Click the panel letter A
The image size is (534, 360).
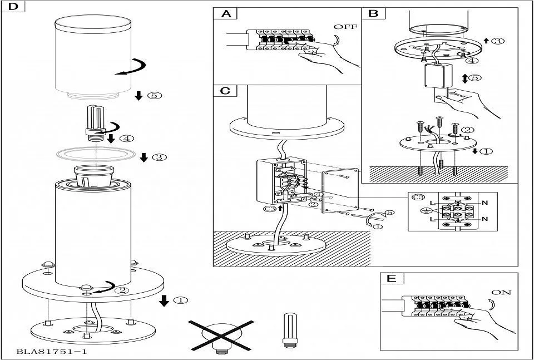(226, 13)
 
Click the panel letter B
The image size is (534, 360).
(373, 13)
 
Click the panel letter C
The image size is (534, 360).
(225, 90)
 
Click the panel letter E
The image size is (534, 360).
(392, 278)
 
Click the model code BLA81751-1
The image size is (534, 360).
(52, 352)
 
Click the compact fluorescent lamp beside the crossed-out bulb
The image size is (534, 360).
(289, 329)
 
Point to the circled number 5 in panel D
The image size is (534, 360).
(155, 96)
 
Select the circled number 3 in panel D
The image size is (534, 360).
(159, 157)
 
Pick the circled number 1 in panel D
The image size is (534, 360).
(180, 300)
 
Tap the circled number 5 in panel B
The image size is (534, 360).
(474, 77)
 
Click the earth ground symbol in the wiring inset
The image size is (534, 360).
(426, 210)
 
